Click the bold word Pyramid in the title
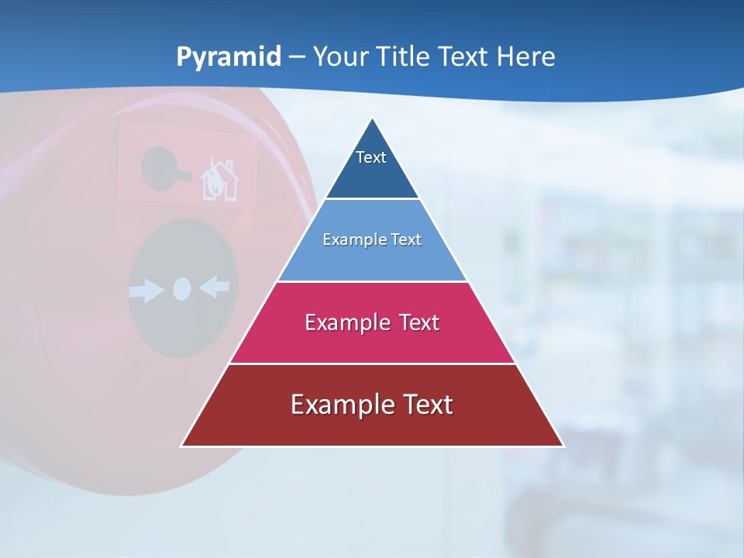click(228, 57)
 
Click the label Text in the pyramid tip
click(371, 157)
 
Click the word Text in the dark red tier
click(426, 405)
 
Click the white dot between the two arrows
click(181, 289)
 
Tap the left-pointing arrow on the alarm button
click(215, 288)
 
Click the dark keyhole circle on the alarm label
click(160, 167)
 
